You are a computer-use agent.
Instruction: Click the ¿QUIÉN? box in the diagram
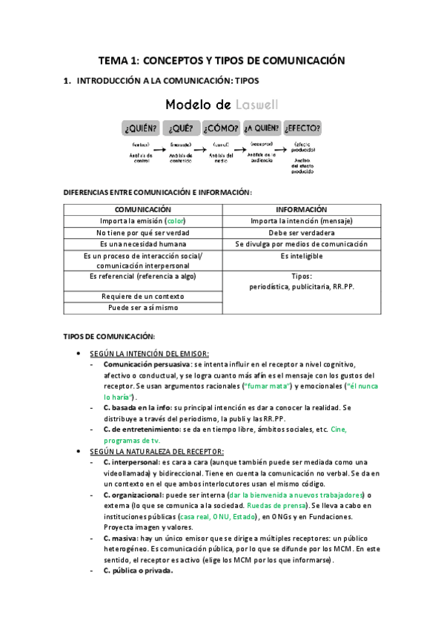coord(141,127)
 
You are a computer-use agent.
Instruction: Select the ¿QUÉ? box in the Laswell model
coord(181,127)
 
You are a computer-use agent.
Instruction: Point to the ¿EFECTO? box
coord(302,127)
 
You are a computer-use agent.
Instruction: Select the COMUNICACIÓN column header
coord(143,210)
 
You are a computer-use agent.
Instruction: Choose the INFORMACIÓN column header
coord(301,210)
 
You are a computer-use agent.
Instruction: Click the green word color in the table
coord(175,221)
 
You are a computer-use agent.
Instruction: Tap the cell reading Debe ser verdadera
coord(301,232)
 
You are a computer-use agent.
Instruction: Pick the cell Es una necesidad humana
coord(143,243)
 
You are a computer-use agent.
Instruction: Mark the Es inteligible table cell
coord(301,256)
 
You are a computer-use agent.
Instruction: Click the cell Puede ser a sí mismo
coord(143,307)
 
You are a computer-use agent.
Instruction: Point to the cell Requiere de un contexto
coord(143,296)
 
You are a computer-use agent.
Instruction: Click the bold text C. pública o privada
coord(139,570)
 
